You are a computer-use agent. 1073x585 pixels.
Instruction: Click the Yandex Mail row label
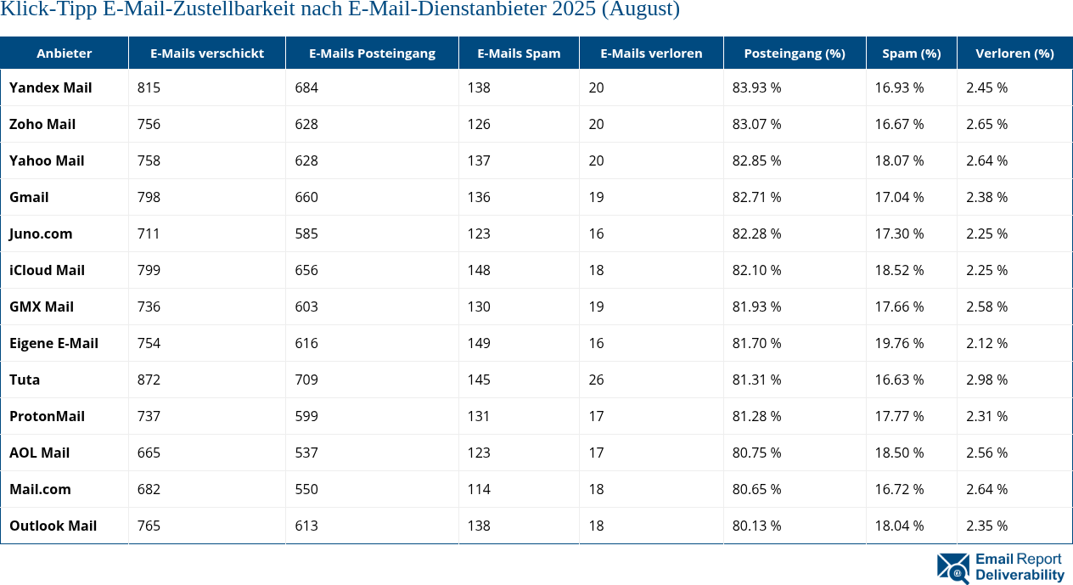click(50, 87)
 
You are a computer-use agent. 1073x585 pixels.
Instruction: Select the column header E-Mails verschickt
click(206, 53)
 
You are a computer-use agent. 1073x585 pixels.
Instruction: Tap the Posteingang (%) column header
click(794, 53)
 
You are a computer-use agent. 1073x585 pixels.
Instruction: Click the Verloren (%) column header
click(1014, 53)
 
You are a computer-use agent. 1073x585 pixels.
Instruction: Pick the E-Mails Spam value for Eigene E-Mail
click(479, 343)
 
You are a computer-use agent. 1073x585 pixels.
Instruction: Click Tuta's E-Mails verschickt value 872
click(149, 380)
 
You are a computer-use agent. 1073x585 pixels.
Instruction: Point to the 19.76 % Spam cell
click(899, 343)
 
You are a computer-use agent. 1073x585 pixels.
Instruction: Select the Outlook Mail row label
click(53, 526)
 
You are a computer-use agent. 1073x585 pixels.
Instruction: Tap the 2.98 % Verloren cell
click(986, 380)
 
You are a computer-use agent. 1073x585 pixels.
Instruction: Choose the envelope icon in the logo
click(953, 568)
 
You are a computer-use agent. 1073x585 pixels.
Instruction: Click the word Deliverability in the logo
click(1020, 575)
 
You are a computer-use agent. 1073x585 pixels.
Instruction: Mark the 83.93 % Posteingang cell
click(756, 87)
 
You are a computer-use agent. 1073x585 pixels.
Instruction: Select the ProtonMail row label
click(47, 416)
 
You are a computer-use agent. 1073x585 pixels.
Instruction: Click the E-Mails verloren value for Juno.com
click(596, 233)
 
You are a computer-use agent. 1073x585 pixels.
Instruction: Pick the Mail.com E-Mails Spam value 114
click(479, 489)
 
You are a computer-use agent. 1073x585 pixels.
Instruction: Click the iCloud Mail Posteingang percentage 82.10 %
click(756, 270)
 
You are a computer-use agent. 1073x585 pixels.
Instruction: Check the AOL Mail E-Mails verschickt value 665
click(149, 453)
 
